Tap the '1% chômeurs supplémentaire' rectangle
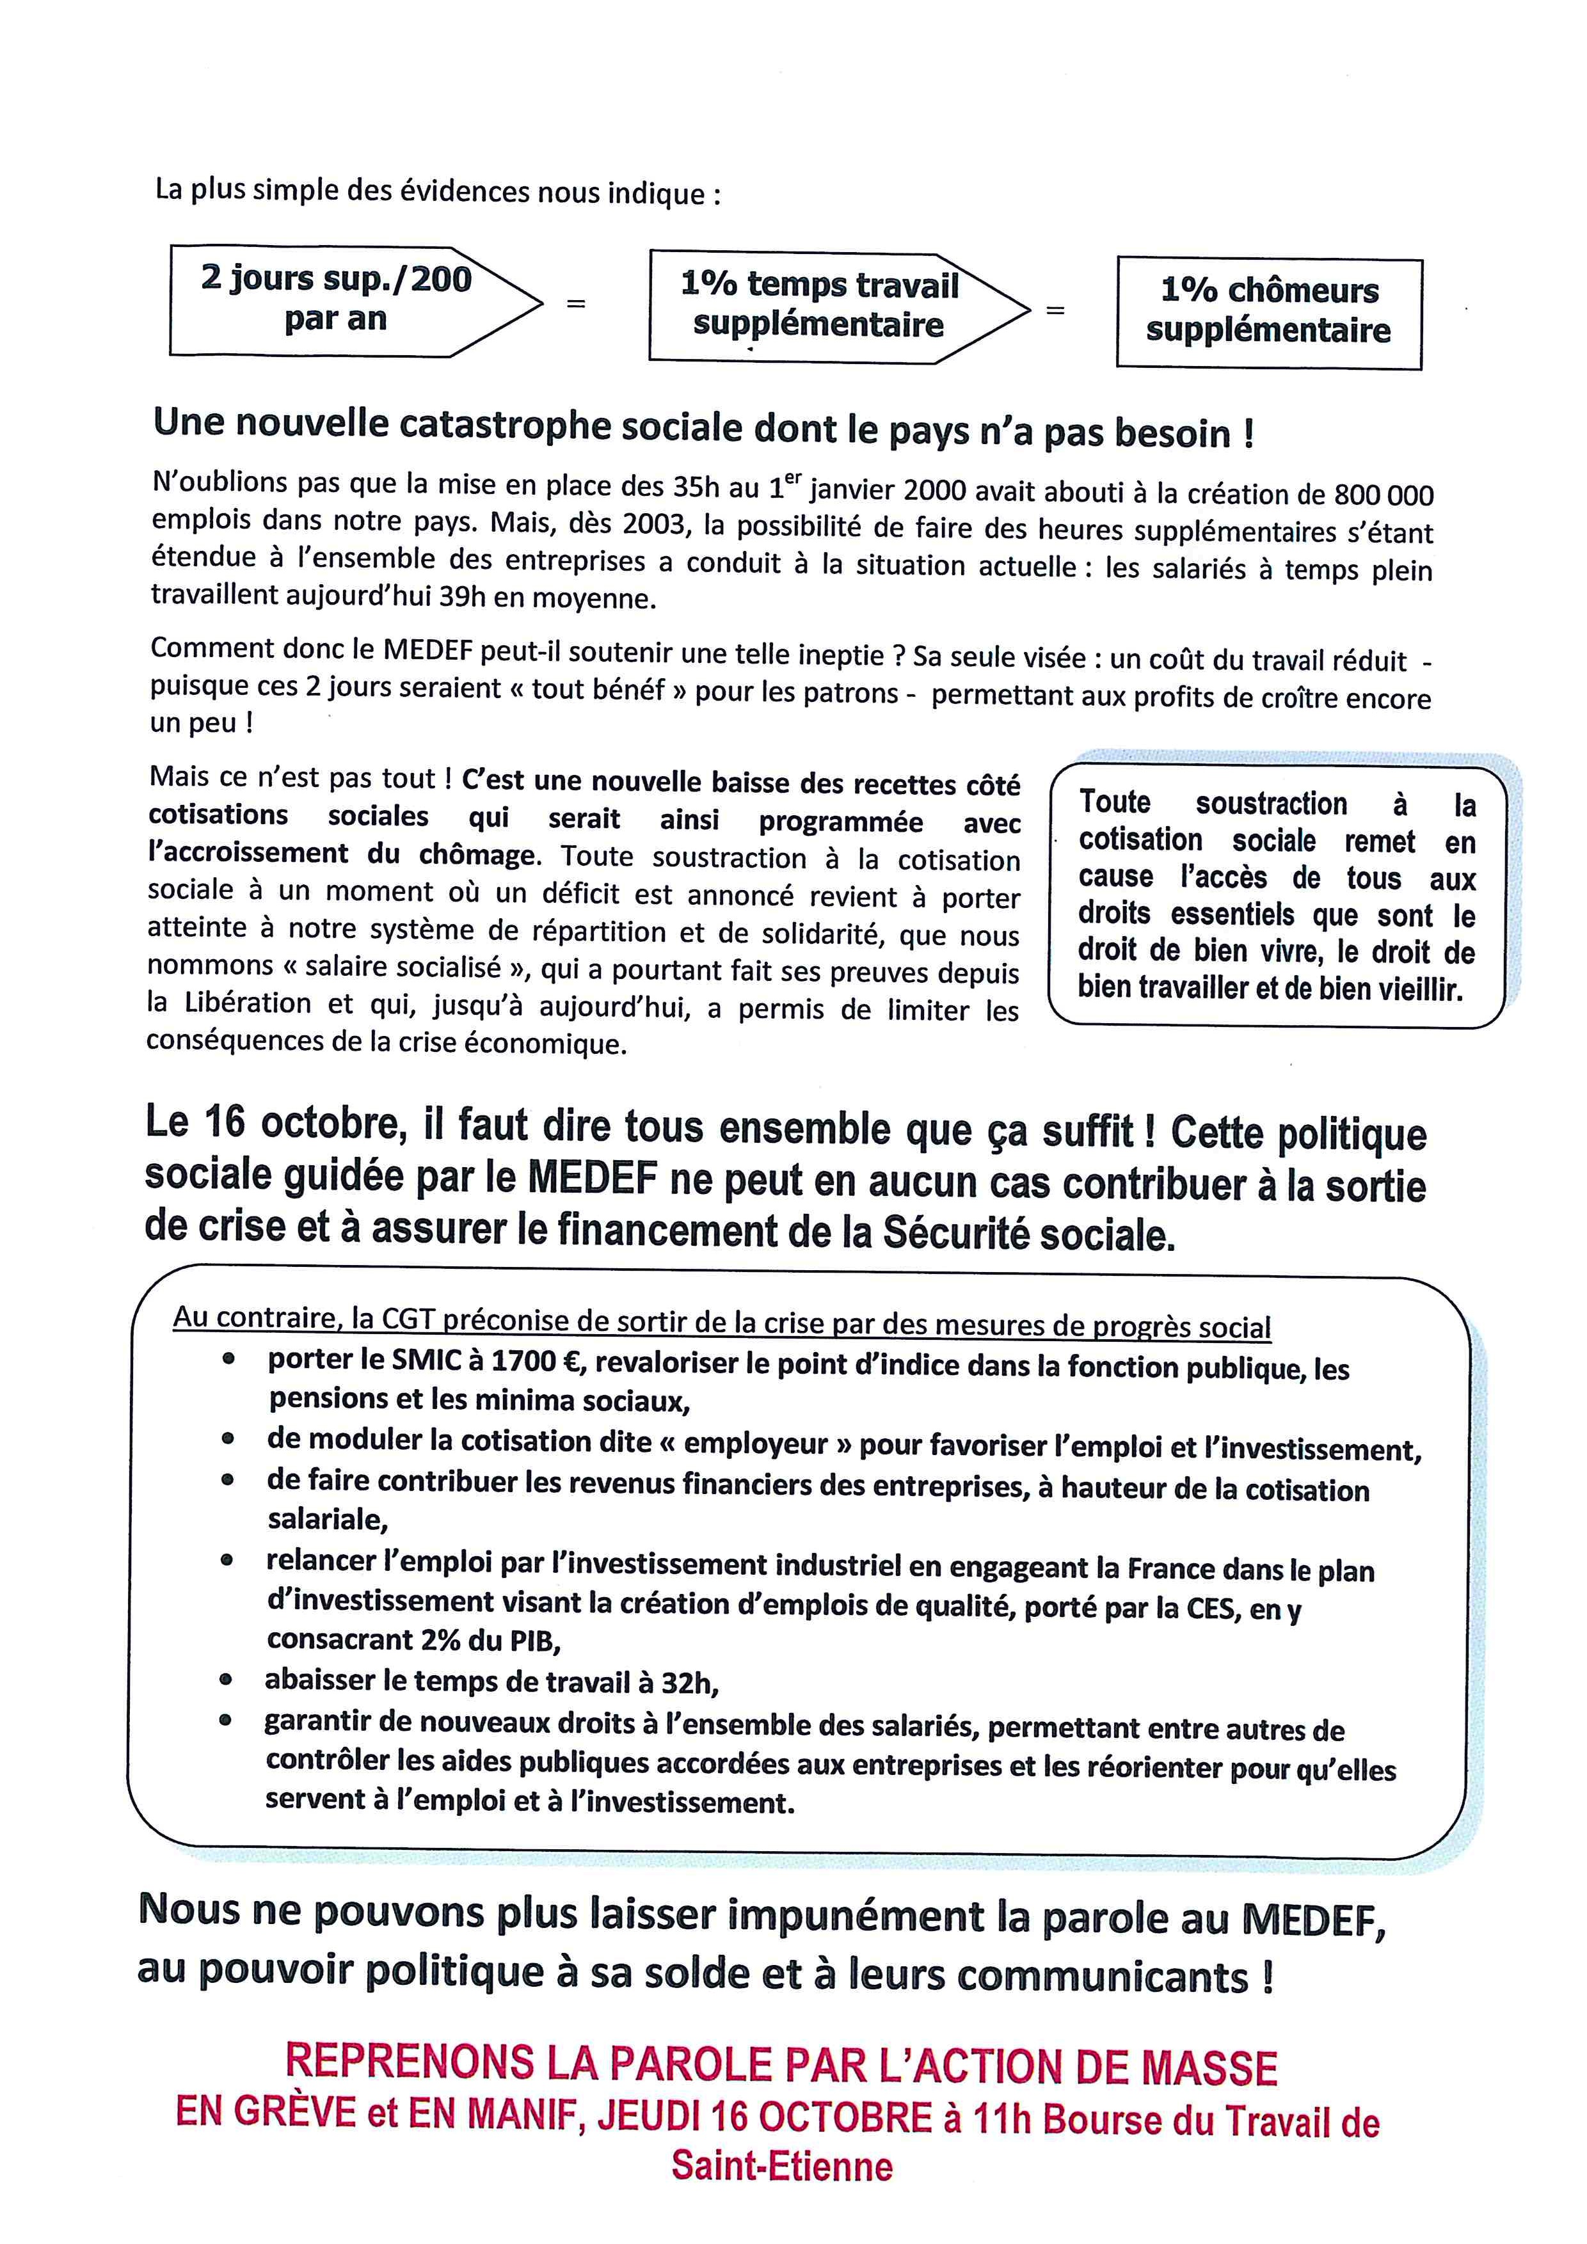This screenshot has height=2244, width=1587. (x=1268, y=311)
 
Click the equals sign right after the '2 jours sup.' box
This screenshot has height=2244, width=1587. (x=577, y=304)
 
